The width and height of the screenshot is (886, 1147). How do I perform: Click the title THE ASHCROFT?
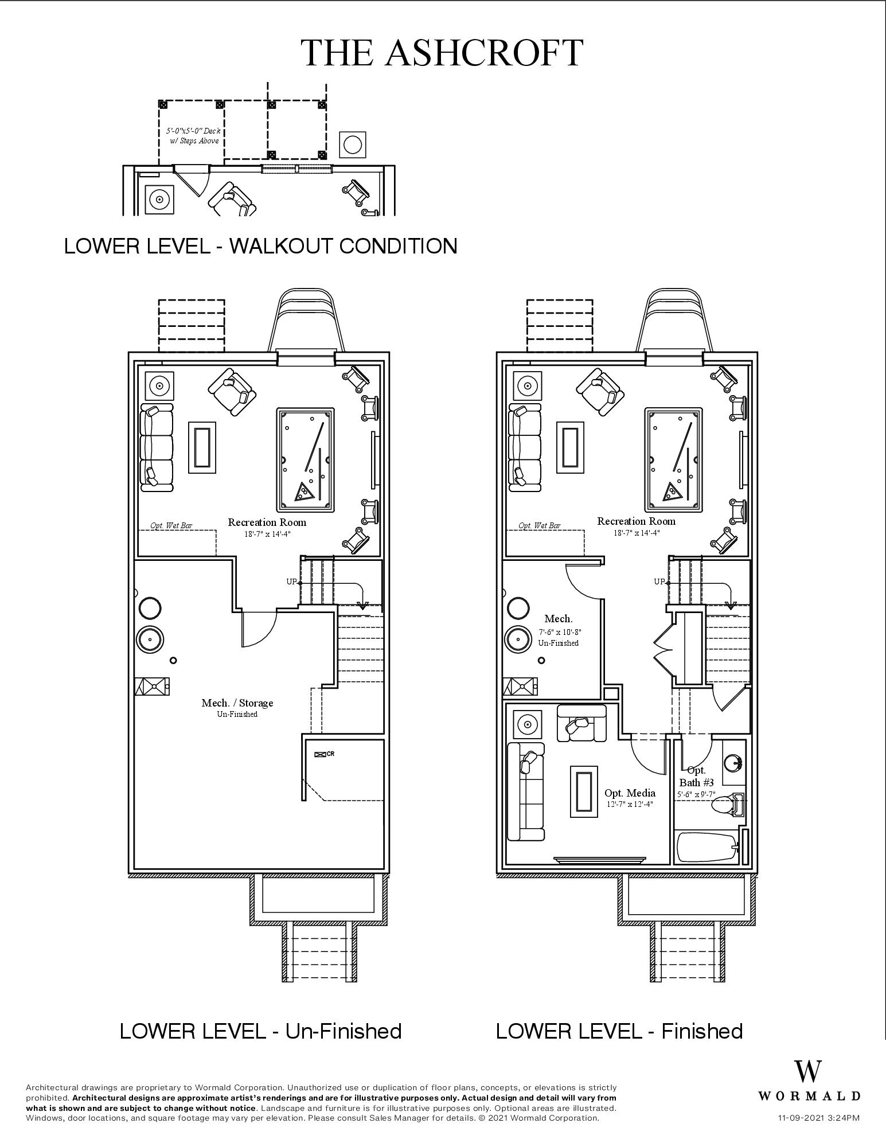pos(442,53)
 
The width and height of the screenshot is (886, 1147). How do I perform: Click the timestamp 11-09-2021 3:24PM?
pos(818,1118)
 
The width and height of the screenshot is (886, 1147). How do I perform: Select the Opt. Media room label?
pos(630,793)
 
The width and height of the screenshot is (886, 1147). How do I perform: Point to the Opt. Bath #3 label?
pos(696,777)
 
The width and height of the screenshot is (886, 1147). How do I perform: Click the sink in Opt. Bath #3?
pos(733,763)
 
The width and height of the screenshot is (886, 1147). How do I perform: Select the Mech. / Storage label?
pos(237,703)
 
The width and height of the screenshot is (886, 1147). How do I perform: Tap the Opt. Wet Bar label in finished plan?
pos(539,525)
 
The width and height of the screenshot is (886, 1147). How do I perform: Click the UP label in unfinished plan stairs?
pos(291,582)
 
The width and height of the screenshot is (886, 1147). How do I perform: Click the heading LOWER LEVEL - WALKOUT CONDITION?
pos(260,246)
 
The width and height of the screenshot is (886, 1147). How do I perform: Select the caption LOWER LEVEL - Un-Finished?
pos(260,1031)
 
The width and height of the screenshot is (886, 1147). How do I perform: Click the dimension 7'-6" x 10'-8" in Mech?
pos(559,632)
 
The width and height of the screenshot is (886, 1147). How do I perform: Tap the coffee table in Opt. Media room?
pos(583,791)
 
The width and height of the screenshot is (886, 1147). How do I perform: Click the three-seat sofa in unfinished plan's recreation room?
pos(156,447)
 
